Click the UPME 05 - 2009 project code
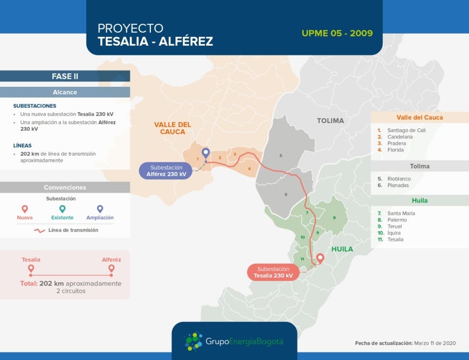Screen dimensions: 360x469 [337, 33]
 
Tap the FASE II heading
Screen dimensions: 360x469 [65, 77]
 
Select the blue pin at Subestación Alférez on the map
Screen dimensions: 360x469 [205, 153]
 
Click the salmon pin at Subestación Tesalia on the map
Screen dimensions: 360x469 [320, 258]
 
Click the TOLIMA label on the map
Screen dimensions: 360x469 [330, 121]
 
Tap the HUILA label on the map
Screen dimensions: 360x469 [342, 249]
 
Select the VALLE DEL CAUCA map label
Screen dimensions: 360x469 [173, 128]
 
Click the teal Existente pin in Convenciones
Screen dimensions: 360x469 [63, 209]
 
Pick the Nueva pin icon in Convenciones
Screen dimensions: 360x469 [24, 209]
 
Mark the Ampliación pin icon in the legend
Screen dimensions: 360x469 [100, 209]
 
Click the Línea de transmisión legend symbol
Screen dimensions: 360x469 [39, 230]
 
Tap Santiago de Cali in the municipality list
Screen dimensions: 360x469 [406, 130]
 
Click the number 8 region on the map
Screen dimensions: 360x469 [334, 218]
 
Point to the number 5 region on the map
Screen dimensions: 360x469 [280, 155]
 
